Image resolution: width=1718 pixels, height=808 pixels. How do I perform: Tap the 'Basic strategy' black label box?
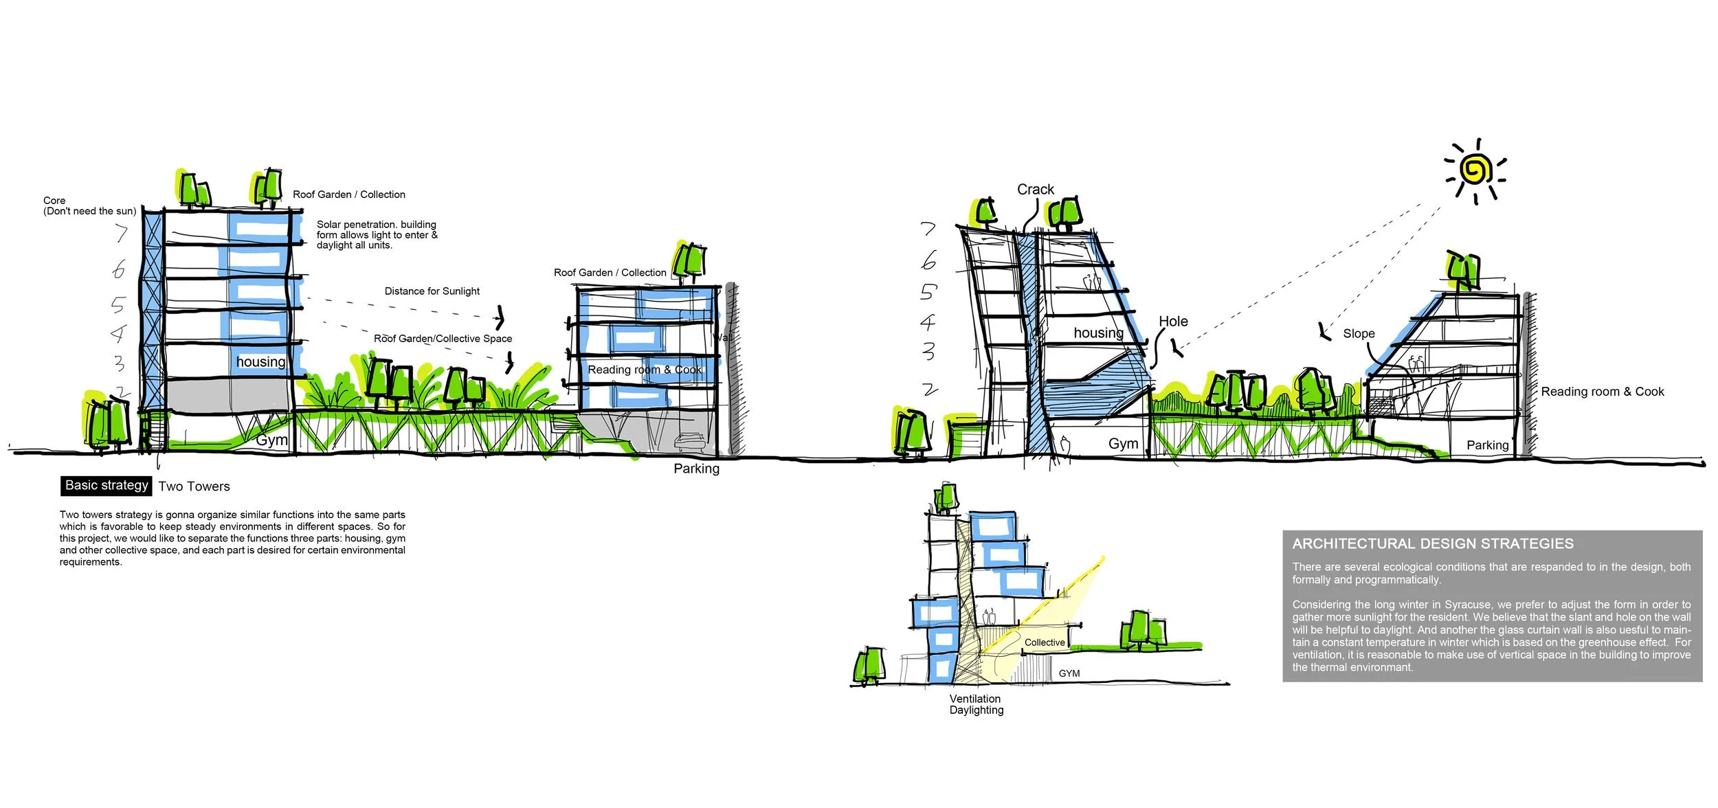tap(107, 485)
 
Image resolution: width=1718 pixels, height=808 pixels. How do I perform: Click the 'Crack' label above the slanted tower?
tap(1035, 190)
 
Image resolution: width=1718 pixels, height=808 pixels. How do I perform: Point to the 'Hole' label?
tap(1173, 322)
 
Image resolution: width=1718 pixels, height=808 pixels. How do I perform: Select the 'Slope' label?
tap(1359, 333)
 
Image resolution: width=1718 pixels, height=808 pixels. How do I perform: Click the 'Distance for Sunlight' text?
tap(432, 291)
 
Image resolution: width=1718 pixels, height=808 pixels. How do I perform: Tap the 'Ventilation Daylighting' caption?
tap(976, 704)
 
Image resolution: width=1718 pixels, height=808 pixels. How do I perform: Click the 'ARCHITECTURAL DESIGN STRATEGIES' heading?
tap(1432, 543)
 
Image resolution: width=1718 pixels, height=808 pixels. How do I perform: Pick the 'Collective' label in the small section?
tap(1045, 642)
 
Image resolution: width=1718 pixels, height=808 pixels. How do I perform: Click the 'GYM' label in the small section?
tap(1069, 673)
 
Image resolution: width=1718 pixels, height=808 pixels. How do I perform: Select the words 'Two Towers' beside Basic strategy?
tap(194, 486)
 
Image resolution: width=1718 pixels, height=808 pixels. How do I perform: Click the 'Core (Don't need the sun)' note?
tap(89, 206)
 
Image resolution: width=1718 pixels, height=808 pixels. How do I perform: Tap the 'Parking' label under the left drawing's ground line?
tap(696, 469)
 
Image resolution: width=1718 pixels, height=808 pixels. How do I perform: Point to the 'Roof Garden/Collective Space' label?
tap(443, 339)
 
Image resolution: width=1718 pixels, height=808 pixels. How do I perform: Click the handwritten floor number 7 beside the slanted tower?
tap(928, 229)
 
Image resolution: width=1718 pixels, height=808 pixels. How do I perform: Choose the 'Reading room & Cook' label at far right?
tap(1602, 392)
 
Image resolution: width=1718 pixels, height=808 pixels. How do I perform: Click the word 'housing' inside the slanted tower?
tap(1098, 333)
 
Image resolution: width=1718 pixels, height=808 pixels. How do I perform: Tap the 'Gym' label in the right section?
tap(1123, 444)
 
